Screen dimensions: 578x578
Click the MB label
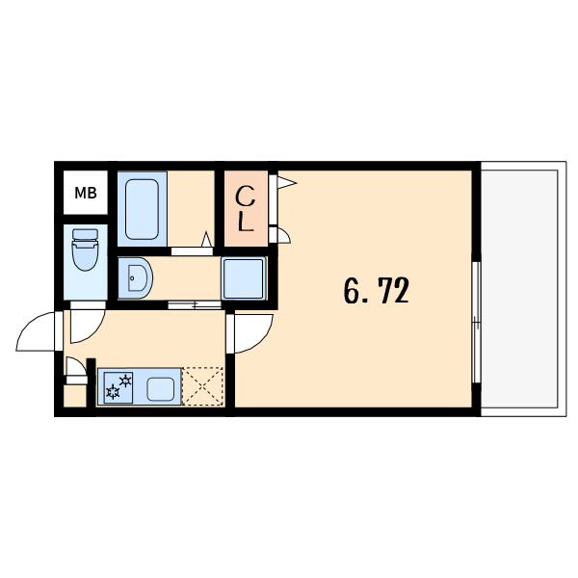point(86,193)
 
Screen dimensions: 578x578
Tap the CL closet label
point(245,209)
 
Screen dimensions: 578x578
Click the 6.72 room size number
point(377,291)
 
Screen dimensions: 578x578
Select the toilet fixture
point(85,250)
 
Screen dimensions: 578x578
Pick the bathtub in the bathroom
point(142,209)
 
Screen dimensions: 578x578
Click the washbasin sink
point(135,278)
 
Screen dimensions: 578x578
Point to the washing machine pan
point(244,278)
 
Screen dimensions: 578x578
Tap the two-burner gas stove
point(118,387)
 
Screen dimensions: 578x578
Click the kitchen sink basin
point(161,389)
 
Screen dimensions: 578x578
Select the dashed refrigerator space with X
point(202,386)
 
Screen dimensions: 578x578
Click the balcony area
point(523,289)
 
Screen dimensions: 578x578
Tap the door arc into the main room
point(260,339)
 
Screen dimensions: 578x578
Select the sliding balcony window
point(476,322)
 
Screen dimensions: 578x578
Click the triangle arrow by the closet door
point(287,182)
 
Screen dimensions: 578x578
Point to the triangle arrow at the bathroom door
point(207,239)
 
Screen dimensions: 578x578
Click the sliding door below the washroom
point(195,304)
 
